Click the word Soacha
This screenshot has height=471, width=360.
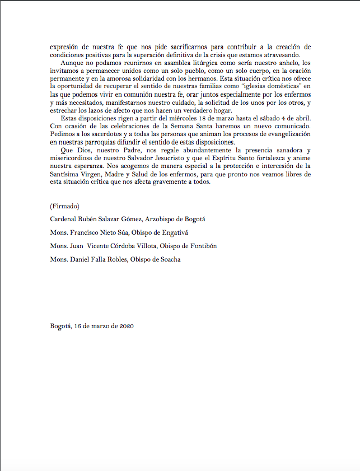(169, 259)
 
